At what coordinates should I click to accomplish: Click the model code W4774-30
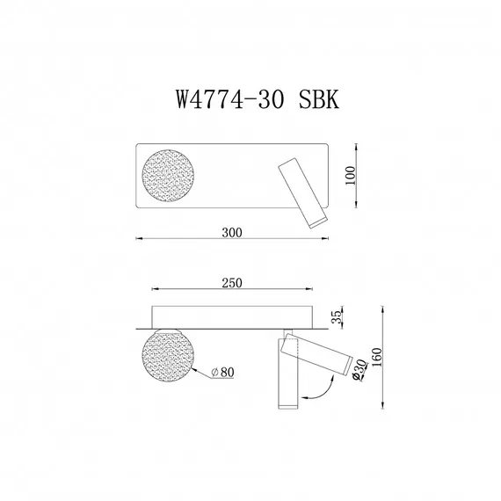click(226, 98)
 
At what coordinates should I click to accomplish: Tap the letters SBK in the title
click(312, 98)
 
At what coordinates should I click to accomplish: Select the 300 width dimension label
click(232, 233)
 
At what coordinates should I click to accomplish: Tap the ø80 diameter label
click(222, 373)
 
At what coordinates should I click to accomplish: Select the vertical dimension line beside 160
click(383, 358)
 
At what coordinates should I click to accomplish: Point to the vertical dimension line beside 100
click(359, 178)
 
